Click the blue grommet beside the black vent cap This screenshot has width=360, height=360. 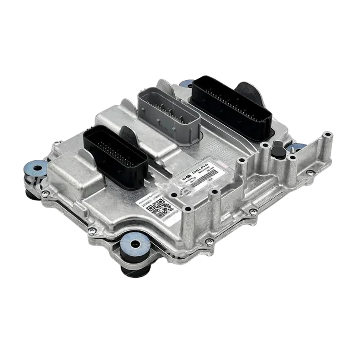[296, 147]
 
